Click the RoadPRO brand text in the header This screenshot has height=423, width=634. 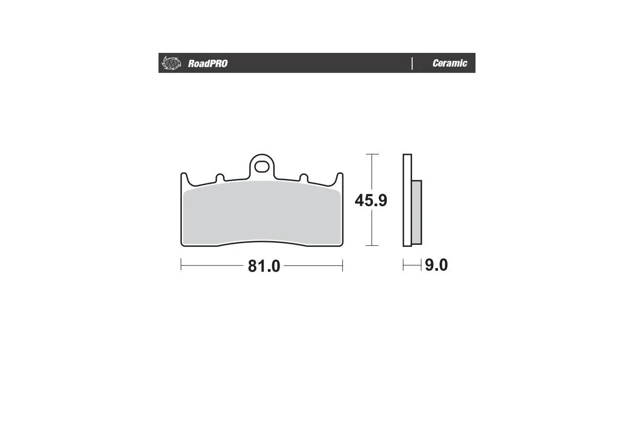(208, 63)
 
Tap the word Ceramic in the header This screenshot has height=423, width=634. (450, 63)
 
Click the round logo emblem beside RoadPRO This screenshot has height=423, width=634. (171, 63)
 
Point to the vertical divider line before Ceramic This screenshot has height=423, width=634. (412, 63)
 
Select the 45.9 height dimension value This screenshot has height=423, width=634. (371, 201)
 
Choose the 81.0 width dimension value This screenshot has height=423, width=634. (264, 266)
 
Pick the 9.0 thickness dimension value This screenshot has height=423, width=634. (436, 265)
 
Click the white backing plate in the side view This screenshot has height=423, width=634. (406, 201)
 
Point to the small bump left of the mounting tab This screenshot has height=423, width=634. (220, 178)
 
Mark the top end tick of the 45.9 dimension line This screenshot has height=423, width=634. (372, 154)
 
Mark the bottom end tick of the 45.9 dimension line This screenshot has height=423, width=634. (372, 246)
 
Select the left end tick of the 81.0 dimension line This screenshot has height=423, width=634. (181, 265)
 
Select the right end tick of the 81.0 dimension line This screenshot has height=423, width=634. (343, 265)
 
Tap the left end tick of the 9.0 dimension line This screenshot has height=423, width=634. (404, 265)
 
